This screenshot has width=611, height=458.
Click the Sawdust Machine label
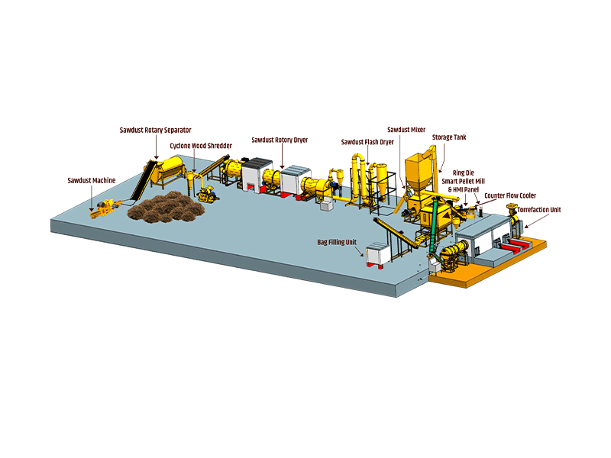tap(92, 180)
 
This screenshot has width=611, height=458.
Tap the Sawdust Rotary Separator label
tap(156, 130)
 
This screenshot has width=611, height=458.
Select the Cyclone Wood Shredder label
tap(201, 146)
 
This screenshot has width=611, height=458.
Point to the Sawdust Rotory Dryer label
tap(280, 140)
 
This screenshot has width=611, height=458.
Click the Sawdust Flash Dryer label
tap(367, 142)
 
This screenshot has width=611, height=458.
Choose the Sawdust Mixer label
tap(406, 130)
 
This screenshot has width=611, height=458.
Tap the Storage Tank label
tap(449, 137)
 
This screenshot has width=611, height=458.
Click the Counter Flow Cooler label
tap(510, 195)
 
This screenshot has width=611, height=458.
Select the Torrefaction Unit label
tap(539, 209)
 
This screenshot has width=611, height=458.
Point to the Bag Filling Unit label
tap(337, 242)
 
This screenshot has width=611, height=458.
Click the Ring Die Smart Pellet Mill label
tap(464, 177)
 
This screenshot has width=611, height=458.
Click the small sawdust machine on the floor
tap(105, 208)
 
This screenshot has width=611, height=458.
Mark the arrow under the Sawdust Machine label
tap(92, 198)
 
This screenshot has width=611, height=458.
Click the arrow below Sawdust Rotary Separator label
tap(156, 147)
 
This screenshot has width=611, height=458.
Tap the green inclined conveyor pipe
tap(433, 227)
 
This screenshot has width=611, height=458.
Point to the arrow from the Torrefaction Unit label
tap(532, 221)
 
